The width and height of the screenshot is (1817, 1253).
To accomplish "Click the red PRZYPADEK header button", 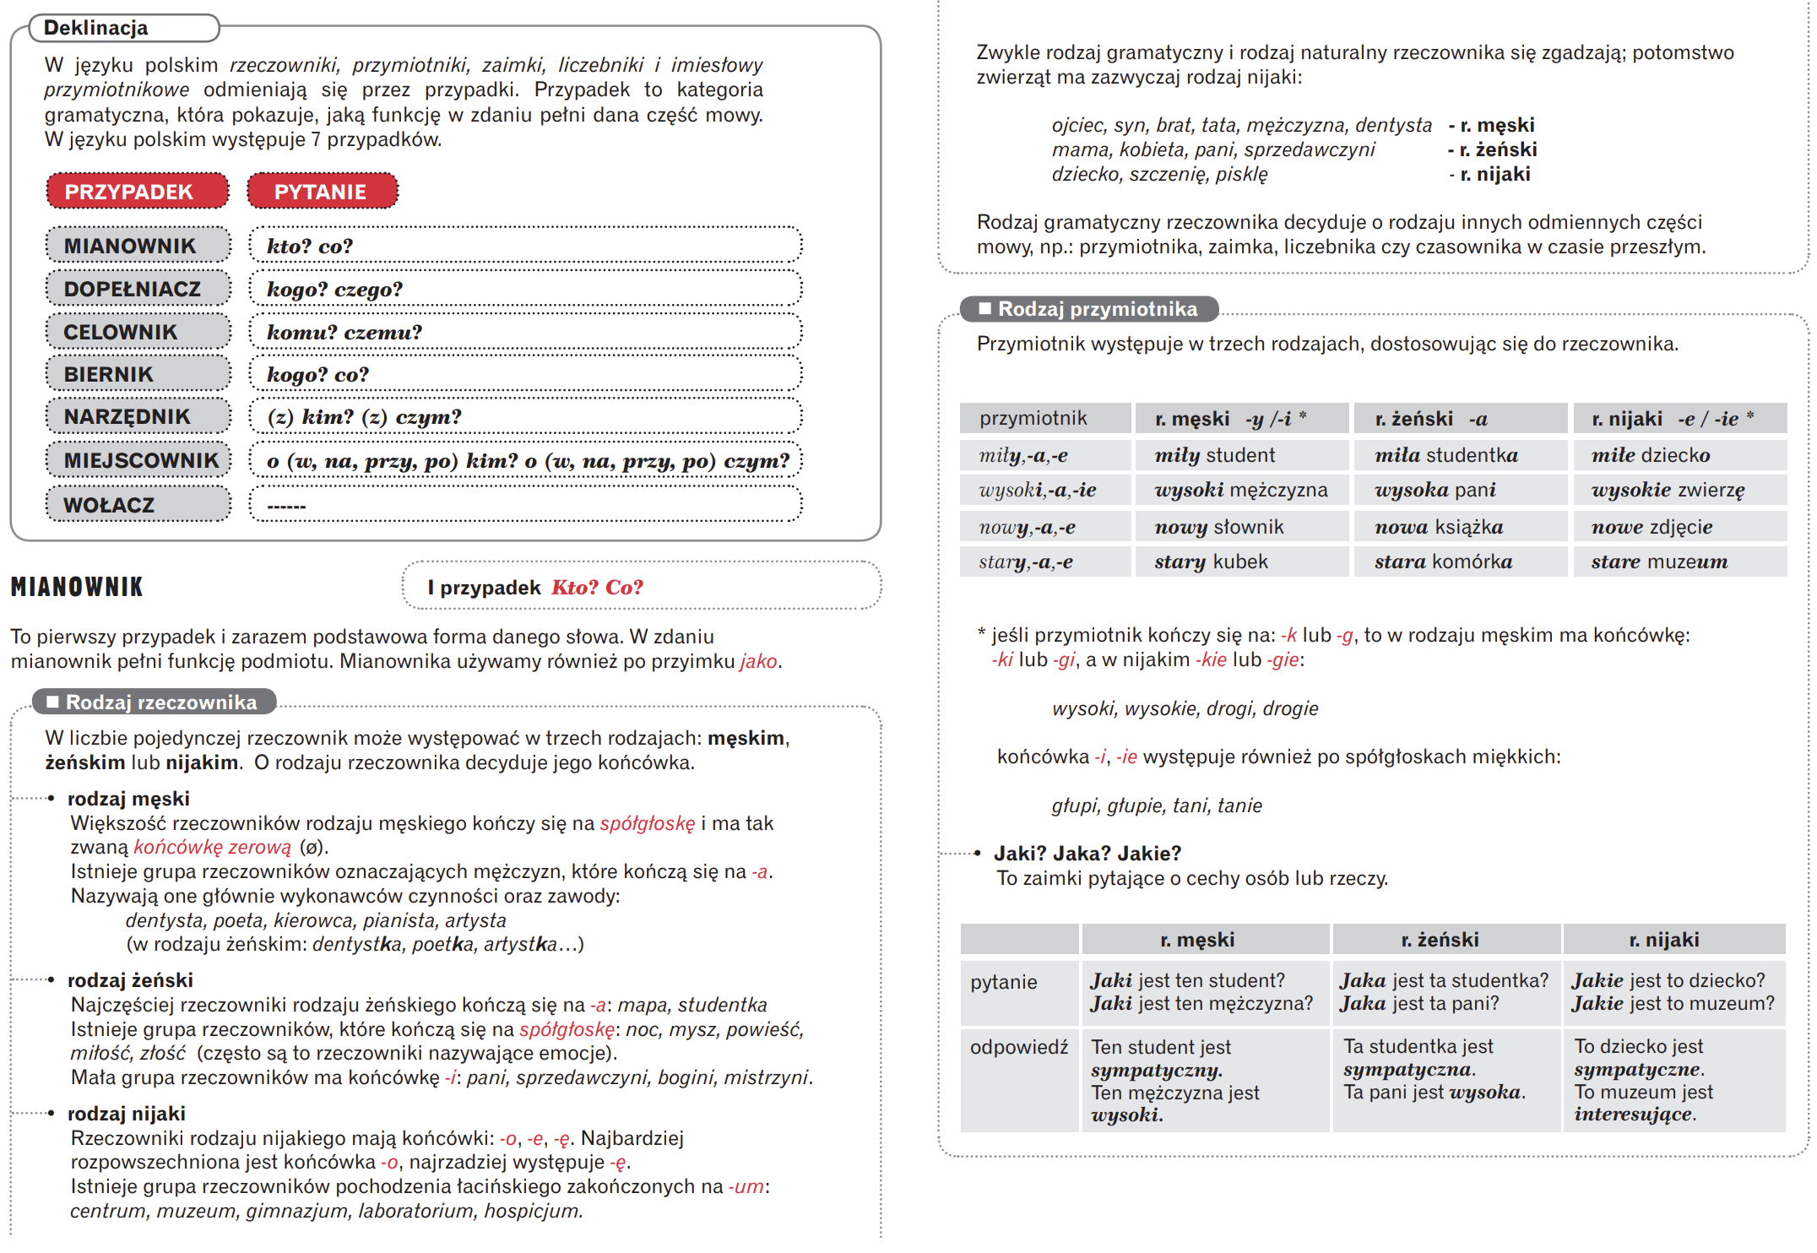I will point(137,191).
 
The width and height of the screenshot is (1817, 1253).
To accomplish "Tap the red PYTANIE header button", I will point(322,191).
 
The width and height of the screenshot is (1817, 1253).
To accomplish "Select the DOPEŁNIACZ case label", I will point(138,289).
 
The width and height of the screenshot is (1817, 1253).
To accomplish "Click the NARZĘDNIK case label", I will point(138,416).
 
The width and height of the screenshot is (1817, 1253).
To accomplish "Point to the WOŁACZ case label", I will point(138,504).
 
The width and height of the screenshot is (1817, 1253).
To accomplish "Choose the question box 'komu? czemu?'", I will point(524,332).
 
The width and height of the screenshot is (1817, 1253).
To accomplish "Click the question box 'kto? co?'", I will point(524,246).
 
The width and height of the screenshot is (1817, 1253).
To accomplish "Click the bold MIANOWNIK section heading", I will point(77,587).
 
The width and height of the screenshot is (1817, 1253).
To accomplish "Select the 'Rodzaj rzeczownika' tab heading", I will point(155,702).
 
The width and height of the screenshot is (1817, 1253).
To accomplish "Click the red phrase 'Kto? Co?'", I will point(597,587).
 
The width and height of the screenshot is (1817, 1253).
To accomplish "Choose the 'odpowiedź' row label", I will point(1018,1047).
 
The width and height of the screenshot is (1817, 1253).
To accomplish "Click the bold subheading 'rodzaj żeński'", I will point(130,979).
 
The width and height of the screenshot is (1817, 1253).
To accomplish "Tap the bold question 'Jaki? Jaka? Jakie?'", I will point(1087,853).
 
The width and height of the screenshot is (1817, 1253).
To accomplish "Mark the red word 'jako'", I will point(758,661).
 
